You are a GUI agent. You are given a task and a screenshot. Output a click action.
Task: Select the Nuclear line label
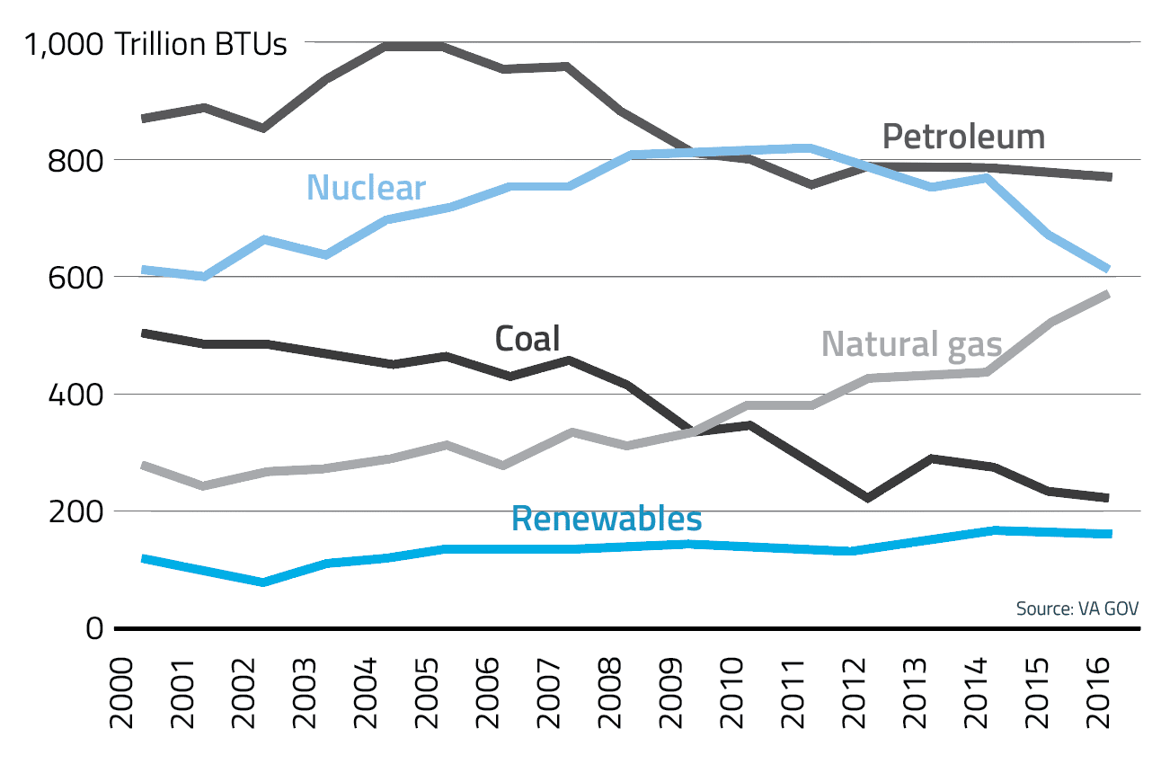[x=366, y=188]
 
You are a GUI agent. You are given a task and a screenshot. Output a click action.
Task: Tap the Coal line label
[x=527, y=339]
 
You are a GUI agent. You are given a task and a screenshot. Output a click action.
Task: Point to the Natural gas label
[x=911, y=344]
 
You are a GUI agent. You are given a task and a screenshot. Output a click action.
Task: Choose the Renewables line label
[x=607, y=519]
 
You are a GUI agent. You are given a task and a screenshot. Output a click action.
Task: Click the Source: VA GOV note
[x=1077, y=609]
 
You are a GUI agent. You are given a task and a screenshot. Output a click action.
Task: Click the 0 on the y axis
[x=94, y=628]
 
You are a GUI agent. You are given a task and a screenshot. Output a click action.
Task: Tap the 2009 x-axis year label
[x=669, y=697]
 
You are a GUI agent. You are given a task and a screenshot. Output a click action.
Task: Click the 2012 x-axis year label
[x=853, y=697]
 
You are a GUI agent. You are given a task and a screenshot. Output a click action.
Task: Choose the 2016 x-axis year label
[x=1097, y=697]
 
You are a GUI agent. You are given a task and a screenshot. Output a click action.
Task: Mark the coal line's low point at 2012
[x=867, y=498]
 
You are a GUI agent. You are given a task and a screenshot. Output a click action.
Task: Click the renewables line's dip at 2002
[x=263, y=582]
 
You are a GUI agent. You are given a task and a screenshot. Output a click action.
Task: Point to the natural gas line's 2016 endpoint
[x=1109, y=294]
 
